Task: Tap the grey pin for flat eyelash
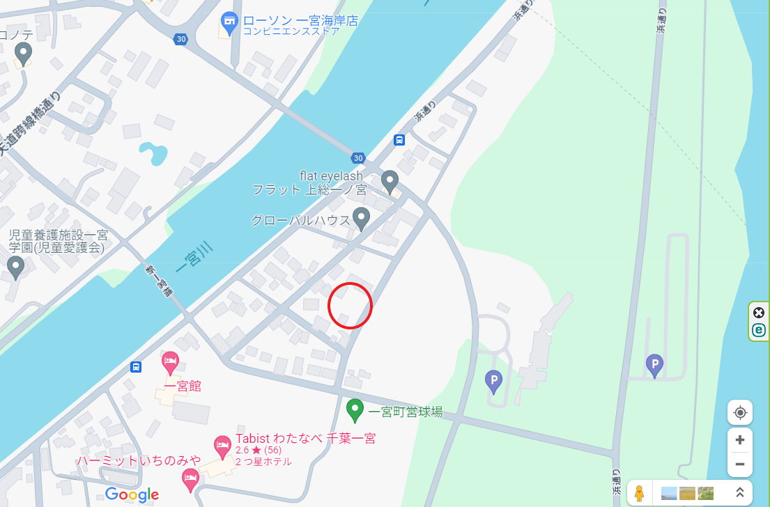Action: [390, 182]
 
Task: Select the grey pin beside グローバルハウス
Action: [361, 219]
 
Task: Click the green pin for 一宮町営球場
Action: [355, 409]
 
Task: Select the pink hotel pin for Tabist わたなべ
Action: [222, 446]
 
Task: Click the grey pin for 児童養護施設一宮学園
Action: [15, 267]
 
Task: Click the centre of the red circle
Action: [350, 306]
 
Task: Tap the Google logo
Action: [132, 494]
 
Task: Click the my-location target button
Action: [739, 412]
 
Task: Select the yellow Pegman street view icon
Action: [639, 493]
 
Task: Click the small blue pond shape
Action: [154, 153]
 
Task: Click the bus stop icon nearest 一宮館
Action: [136, 366]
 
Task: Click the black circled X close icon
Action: [759, 313]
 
